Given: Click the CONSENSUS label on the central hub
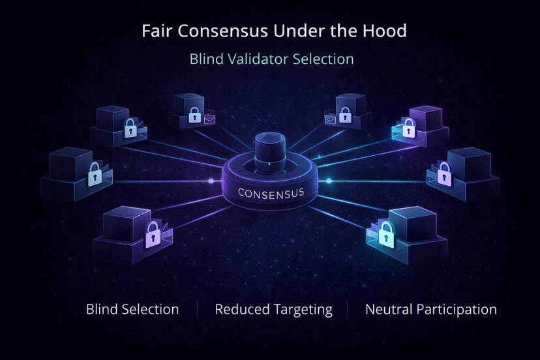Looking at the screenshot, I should coord(271,193).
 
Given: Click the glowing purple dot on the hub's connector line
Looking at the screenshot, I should coord(211,181).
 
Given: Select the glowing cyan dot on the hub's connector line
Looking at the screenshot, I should coord(329,181).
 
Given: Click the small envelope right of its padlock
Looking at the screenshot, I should coord(209,119).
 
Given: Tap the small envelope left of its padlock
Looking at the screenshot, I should coord(330,119).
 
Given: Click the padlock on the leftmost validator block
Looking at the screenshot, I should coord(95,173).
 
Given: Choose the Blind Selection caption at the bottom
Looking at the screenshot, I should coord(132,309).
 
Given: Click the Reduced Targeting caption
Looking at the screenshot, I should coord(273,309).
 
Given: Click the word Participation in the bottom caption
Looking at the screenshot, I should coord(458,309).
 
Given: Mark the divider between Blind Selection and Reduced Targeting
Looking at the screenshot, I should coord(197,310).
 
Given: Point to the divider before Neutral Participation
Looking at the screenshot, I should coord(348,310).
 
